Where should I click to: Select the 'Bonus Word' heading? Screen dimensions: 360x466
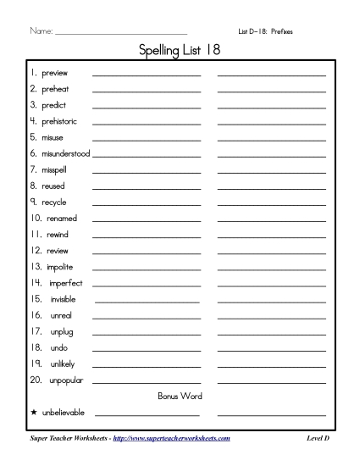[180, 397]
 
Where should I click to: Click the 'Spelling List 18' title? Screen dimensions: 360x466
[180, 53]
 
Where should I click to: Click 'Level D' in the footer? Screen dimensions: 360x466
[318, 438]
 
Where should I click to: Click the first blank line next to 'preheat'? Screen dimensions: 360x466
[147, 90]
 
